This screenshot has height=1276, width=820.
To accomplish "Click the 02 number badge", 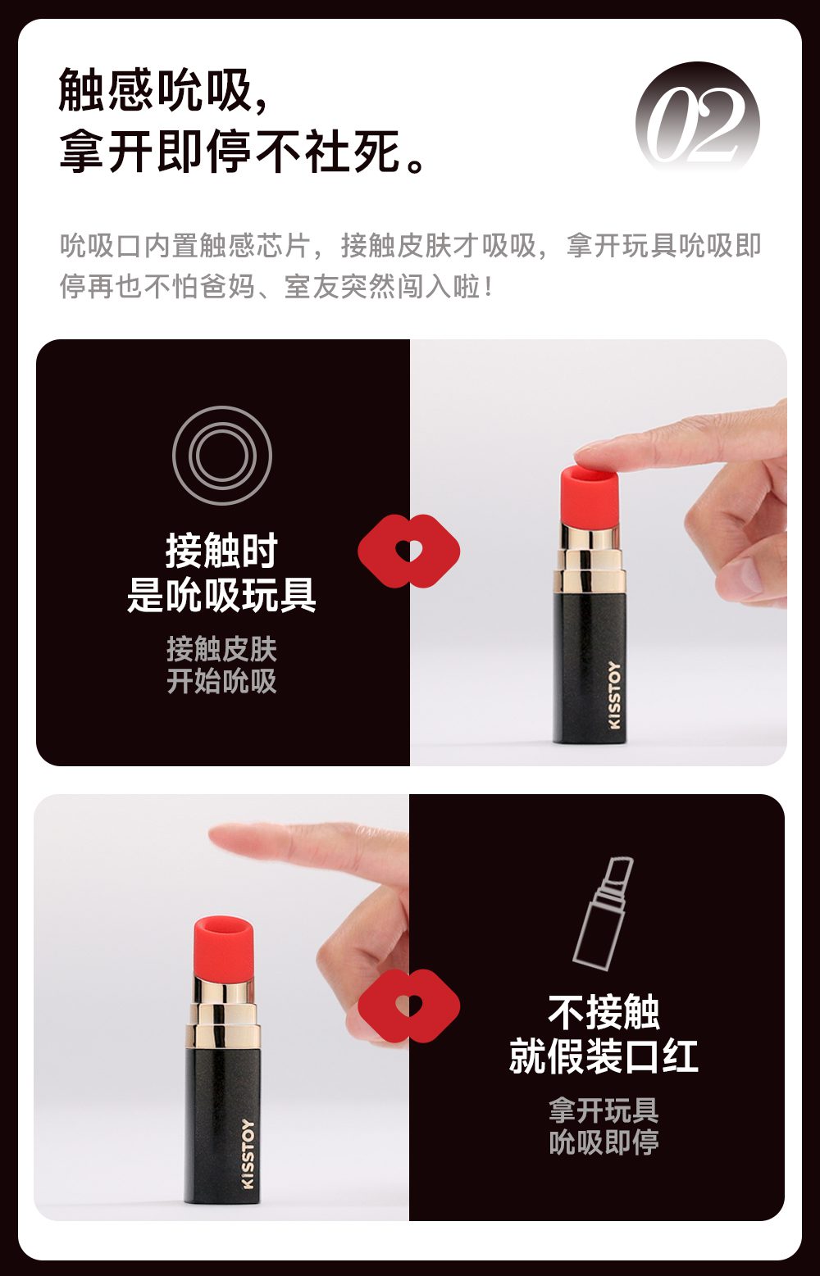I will pyautogui.click(x=697, y=123).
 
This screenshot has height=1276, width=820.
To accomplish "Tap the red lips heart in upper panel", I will pyautogui.click(x=409, y=550).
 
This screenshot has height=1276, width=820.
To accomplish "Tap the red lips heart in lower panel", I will pyautogui.click(x=409, y=1006).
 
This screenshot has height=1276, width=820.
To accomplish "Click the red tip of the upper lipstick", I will pyautogui.click(x=590, y=497).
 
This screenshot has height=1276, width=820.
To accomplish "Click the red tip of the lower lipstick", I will pyautogui.click(x=223, y=947).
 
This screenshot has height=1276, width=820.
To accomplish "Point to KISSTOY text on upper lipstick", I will pyautogui.click(x=615, y=694).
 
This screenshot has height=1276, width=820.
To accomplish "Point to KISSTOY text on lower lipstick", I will pyautogui.click(x=248, y=1154).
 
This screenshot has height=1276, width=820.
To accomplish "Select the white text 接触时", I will pyautogui.click(x=221, y=551).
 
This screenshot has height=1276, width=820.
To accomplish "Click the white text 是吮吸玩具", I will pyautogui.click(x=221, y=595).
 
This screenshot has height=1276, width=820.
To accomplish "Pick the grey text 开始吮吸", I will pyautogui.click(x=221, y=681).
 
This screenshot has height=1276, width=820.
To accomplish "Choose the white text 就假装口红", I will pyautogui.click(x=604, y=1056).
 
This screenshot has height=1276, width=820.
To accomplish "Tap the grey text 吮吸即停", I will pyautogui.click(x=604, y=1142).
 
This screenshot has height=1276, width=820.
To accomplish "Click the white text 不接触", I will pyautogui.click(x=604, y=1012).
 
